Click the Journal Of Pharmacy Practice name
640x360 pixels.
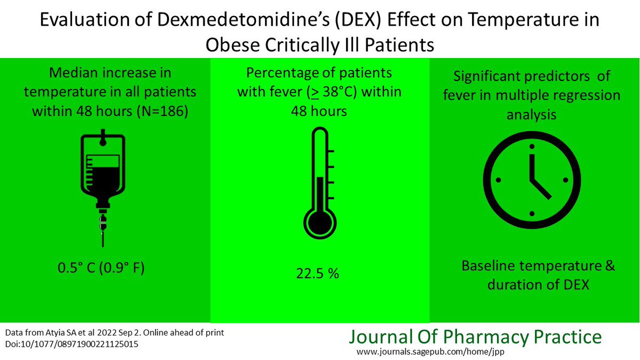click(475, 337)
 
